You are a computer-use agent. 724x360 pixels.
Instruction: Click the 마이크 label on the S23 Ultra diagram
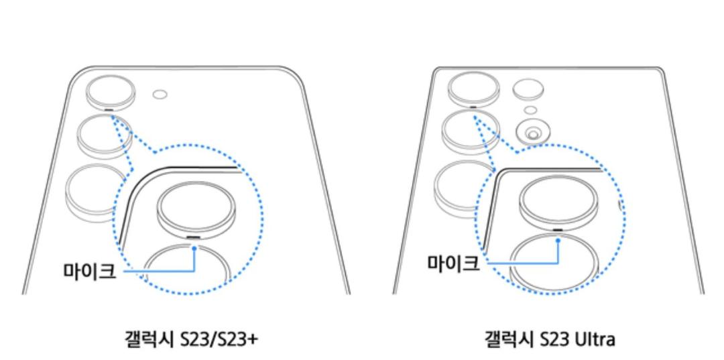[x=453, y=263]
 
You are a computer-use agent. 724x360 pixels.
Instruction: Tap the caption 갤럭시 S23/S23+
[x=192, y=340]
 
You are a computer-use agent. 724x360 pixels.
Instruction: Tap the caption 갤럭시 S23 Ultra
[x=550, y=340]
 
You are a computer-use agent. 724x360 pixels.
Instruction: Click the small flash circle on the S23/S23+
[x=160, y=95]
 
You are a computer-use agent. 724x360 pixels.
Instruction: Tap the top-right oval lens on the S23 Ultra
[x=528, y=89]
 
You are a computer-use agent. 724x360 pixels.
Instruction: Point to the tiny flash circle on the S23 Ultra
[x=530, y=110]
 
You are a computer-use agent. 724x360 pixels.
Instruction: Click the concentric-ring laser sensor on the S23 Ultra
[x=532, y=133]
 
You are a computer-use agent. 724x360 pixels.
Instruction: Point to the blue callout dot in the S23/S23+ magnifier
[x=194, y=248]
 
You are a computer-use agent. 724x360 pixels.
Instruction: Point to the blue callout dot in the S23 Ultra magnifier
[x=558, y=240]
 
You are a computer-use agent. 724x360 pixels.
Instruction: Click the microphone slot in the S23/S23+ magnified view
[x=194, y=238]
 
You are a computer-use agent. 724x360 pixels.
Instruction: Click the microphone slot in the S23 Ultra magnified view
[x=558, y=229]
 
